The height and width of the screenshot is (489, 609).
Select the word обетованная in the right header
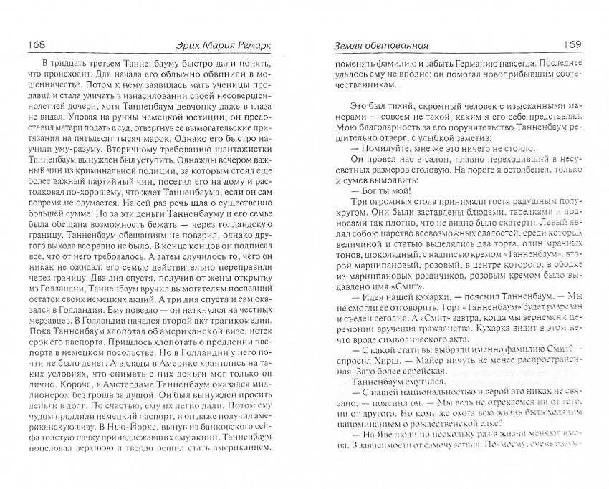pyautogui.click(x=397, y=45)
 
